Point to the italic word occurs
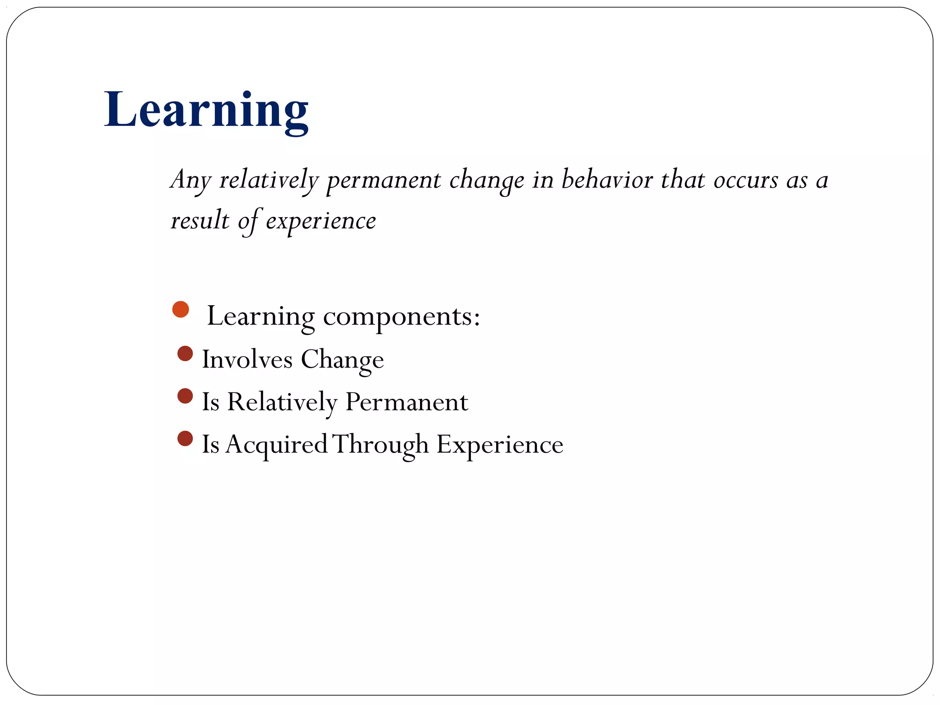click(x=745, y=180)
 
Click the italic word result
click(x=200, y=220)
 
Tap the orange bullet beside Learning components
click(x=180, y=309)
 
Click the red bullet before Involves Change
click(x=185, y=354)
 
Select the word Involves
click(x=247, y=359)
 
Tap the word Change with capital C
click(x=342, y=360)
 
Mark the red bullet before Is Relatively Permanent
click(x=185, y=396)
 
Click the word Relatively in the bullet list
click(x=282, y=402)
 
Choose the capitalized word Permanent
click(x=406, y=402)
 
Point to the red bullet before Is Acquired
click(x=185, y=438)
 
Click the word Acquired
click(x=276, y=445)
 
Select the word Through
click(x=380, y=445)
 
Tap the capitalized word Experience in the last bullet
click(x=499, y=445)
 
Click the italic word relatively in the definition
click(x=269, y=180)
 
